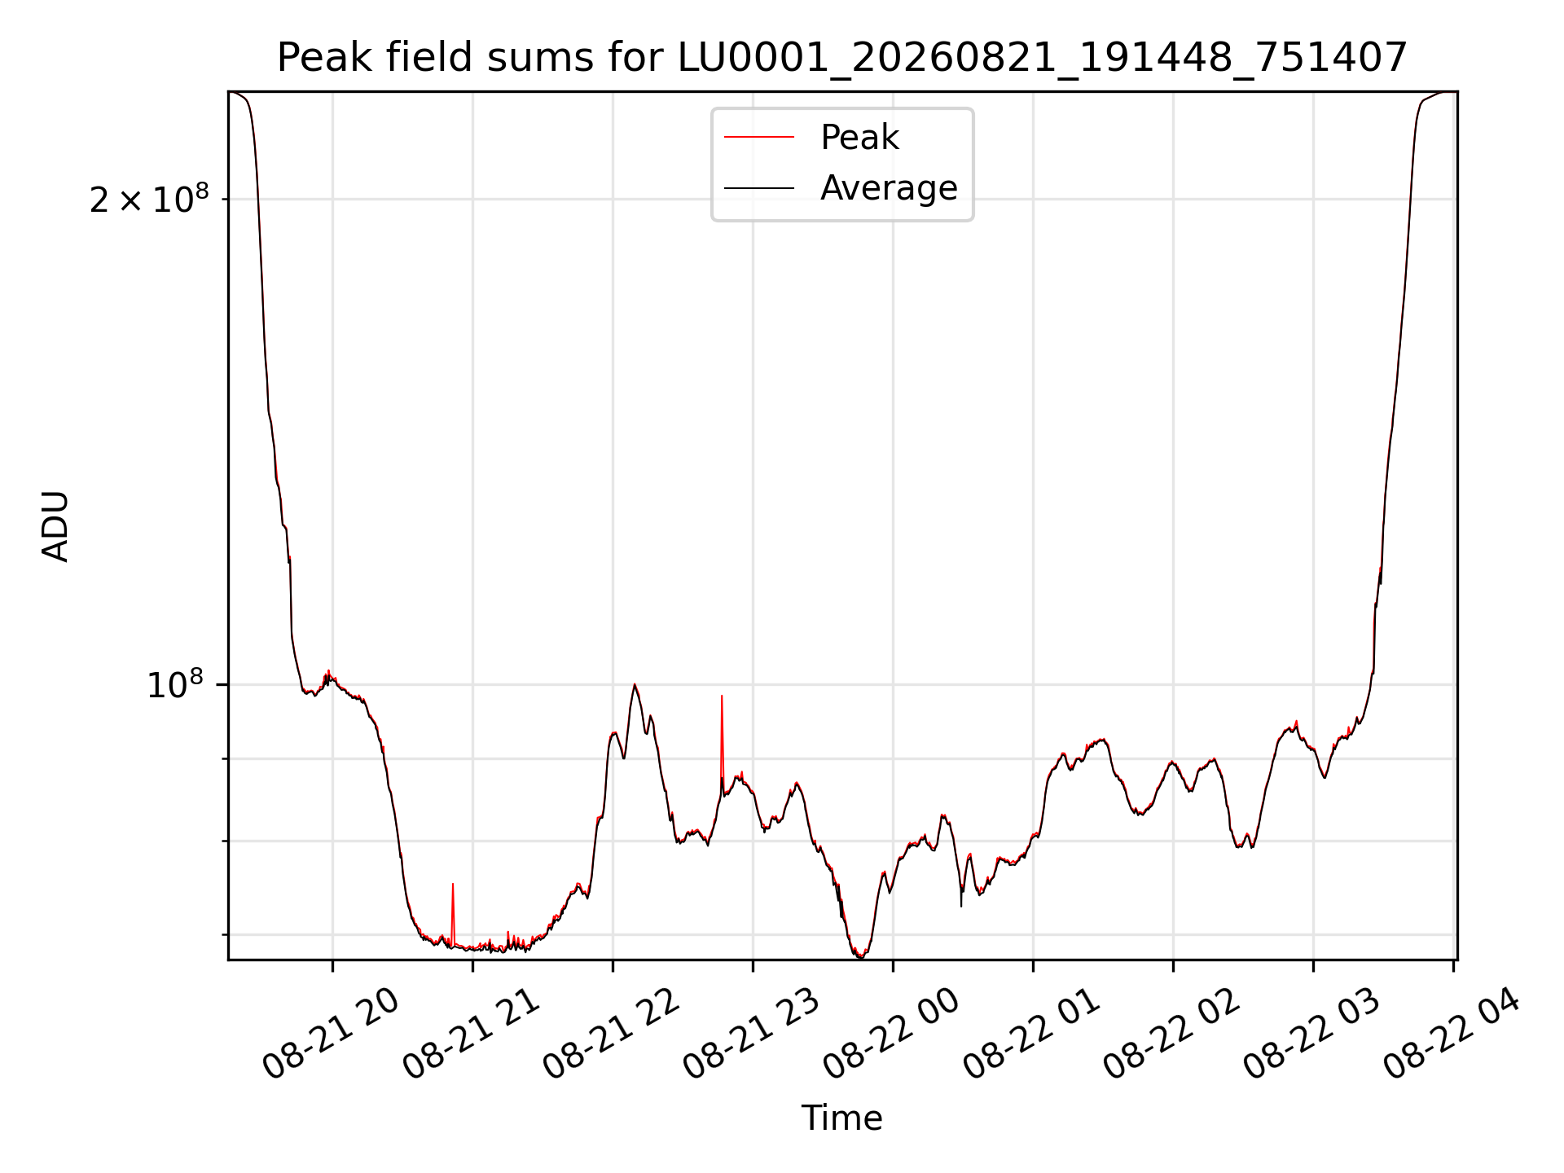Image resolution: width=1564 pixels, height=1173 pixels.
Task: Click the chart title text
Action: tap(842, 58)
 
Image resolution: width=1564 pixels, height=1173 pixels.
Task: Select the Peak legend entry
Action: tap(859, 138)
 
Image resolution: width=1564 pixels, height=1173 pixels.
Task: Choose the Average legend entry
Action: tap(889, 188)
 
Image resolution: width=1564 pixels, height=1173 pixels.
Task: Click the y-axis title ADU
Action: tap(55, 526)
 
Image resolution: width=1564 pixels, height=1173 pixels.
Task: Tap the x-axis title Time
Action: tap(842, 1118)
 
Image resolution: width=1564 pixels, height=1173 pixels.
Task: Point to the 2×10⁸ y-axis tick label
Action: tap(149, 199)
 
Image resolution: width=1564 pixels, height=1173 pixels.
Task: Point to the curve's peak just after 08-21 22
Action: tap(635, 684)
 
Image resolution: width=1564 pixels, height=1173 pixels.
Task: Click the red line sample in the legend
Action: tap(759, 138)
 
